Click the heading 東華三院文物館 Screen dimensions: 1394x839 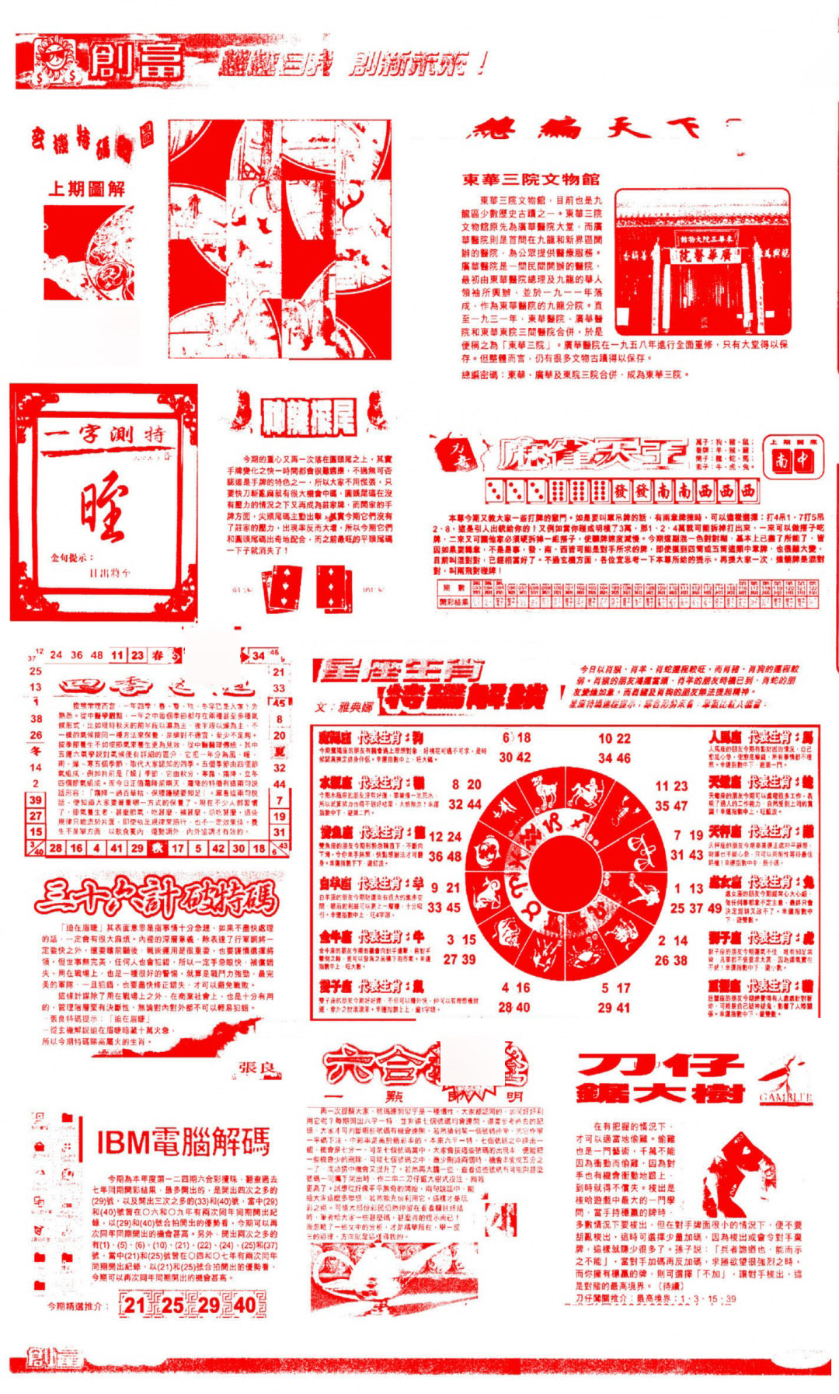[x=531, y=179]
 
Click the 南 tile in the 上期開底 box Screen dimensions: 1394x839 [x=782, y=461]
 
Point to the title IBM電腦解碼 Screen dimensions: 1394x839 [x=183, y=1141]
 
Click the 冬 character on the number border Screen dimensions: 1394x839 [x=35, y=751]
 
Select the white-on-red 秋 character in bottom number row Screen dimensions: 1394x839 [x=156, y=848]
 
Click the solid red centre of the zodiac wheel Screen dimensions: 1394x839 [x=561, y=871]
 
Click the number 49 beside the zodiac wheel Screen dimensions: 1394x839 [x=715, y=908]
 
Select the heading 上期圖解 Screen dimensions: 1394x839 [x=86, y=188]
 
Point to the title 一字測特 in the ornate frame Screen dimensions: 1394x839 [x=103, y=436]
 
